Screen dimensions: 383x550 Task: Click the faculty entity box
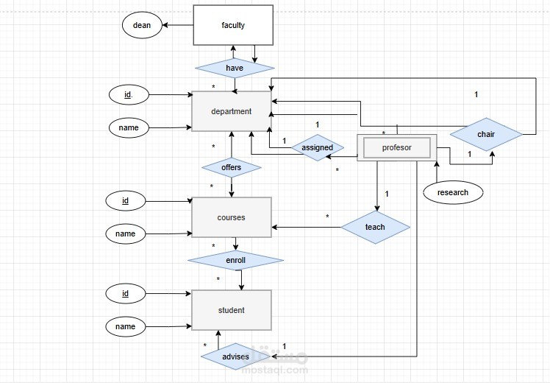tap(233, 26)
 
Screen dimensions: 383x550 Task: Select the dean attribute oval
tap(142, 26)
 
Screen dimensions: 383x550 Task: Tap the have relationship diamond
tap(235, 68)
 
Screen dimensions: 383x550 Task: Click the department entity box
tap(231, 112)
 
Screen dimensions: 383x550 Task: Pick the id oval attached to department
tap(128, 94)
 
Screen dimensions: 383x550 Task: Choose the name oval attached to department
tap(128, 128)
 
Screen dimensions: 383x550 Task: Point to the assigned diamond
tap(317, 147)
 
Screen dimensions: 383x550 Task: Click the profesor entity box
tap(397, 148)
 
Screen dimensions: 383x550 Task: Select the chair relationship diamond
tap(486, 135)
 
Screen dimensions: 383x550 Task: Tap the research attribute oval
tap(452, 193)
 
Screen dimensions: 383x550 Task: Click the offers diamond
tap(231, 168)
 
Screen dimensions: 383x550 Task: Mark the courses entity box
tap(231, 217)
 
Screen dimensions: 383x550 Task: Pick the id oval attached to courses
tap(125, 200)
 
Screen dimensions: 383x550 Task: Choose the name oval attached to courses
tap(125, 234)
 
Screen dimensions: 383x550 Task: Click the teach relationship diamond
tap(375, 227)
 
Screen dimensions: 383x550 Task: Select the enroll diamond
tap(235, 261)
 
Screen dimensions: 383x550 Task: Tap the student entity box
tap(231, 310)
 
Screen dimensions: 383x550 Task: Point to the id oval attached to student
tap(125, 294)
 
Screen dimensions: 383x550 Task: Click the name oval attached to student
tap(125, 326)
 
